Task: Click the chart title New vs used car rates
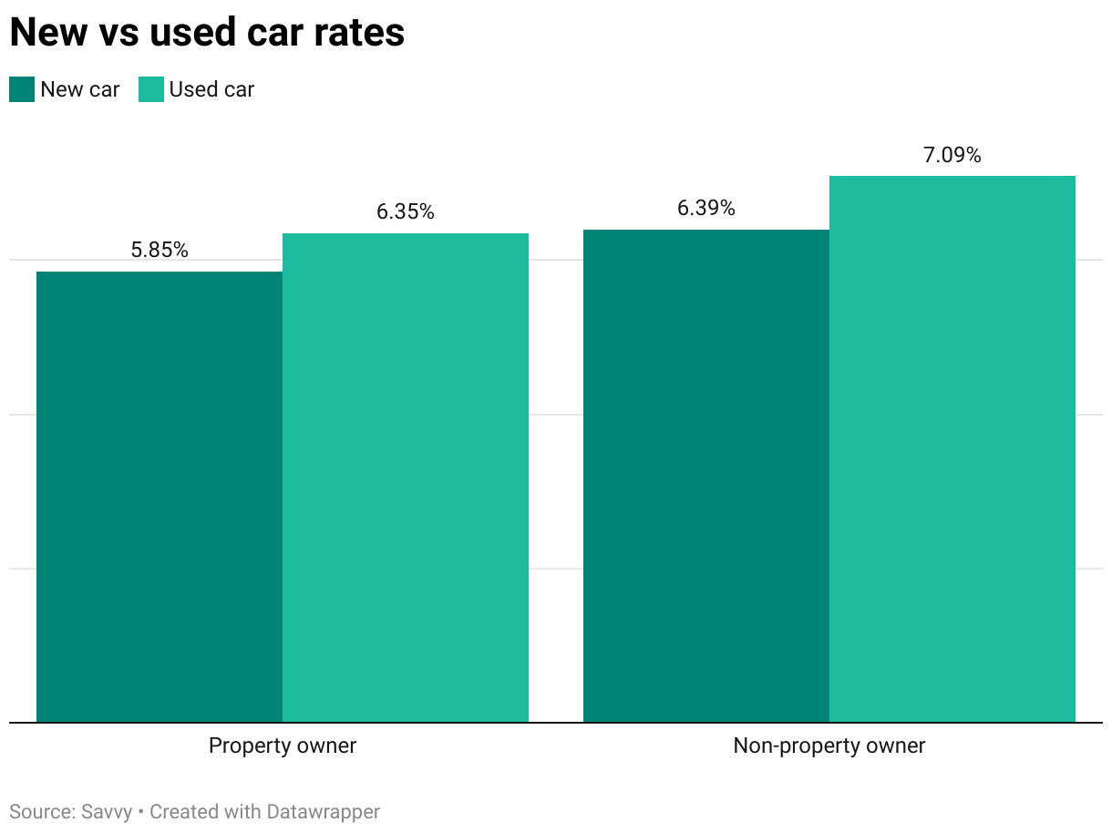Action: point(207,33)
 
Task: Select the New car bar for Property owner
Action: point(160,497)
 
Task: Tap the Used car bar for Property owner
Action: point(406,478)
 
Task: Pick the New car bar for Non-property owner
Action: point(706,476)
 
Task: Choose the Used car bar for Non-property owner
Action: point(952,448)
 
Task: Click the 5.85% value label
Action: point(160,251)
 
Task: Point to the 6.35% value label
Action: point(406,212)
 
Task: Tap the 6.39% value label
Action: point(706,209)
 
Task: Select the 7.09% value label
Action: point(952,156)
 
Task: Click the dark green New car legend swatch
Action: point(22,89)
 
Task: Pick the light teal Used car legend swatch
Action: point(151,89)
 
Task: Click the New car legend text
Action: point(80,89)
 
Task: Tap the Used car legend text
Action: point(211,89)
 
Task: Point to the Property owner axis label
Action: point(283,746)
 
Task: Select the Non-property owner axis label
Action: point(829,746)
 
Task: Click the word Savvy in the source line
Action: point(106,811)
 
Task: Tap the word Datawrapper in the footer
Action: point(324,811)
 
